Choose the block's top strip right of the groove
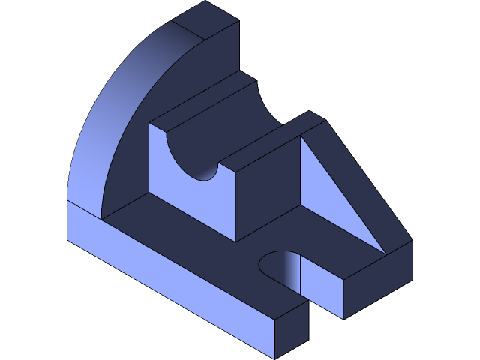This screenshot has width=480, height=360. pyautogui.click(x=270, y=139)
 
